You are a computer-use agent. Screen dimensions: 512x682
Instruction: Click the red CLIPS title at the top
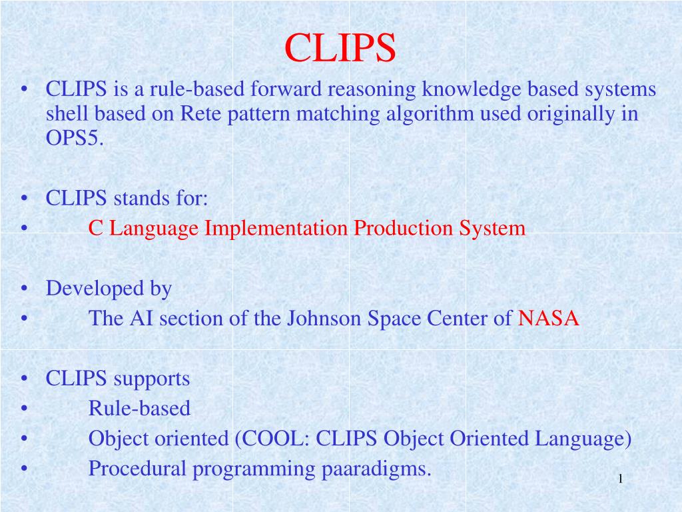pos(340,48)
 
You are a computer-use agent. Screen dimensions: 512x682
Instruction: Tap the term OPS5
pos(75,139)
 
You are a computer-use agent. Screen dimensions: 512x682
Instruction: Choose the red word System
pos(492,229)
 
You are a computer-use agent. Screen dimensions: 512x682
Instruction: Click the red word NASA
pos(549,319)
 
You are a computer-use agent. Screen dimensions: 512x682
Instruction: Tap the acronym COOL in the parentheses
pos(272,439)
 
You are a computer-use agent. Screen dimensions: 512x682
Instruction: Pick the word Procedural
pos(138,469)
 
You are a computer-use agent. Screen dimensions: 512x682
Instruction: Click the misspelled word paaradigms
pos(376,469)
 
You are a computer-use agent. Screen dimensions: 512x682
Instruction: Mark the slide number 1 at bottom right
pos(619,479)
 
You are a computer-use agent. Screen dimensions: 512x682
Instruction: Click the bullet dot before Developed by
pos(24,289)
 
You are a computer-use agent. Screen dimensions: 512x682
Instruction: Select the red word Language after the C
pos(154,229)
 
